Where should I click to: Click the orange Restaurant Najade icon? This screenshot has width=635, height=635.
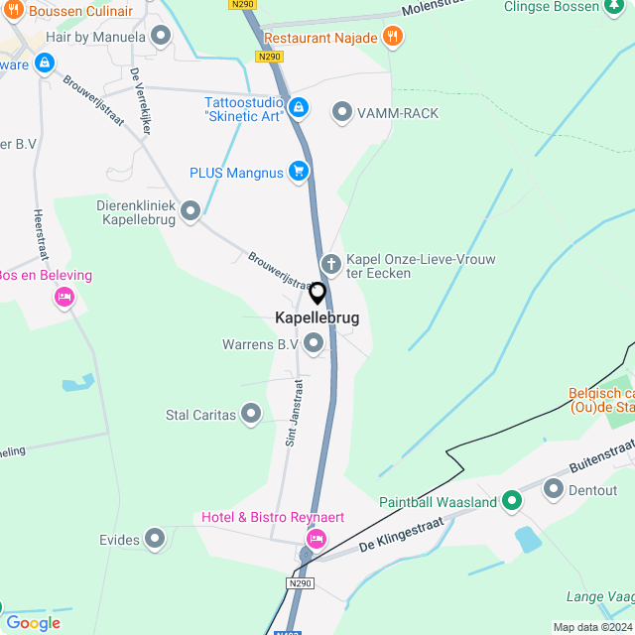click(x=393, y=38)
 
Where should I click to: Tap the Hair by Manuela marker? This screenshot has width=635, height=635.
click(x=160, y=37)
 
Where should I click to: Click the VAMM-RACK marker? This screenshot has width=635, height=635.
click(x=342, y=113)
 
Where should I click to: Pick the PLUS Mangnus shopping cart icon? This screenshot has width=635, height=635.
click(x=298, y=172)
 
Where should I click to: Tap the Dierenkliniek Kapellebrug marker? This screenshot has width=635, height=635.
click(x=190, y=210)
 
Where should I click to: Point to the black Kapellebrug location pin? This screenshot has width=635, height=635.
click(x=317, y=293)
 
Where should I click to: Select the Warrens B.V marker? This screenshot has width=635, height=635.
click(x=315, y=344)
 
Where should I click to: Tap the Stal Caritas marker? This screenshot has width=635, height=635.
click(x=251, y=414)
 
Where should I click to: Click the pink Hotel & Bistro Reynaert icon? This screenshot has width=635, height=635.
click(x=316, y=538)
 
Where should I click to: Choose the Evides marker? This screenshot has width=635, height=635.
click(x=155, y=538)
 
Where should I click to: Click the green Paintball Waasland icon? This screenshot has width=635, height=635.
click(x=512, y=501)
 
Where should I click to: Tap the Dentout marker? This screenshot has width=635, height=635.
click(x=554, y=488)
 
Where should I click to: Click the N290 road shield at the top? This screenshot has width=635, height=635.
click(x=269, y=57)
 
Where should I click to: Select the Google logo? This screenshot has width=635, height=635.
click(x=33, y=623)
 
